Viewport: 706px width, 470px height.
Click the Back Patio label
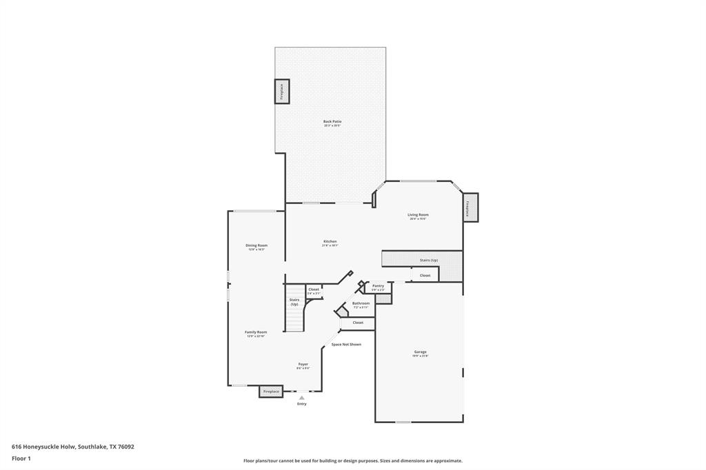point(332,122)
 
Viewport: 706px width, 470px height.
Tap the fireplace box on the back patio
point(282,92)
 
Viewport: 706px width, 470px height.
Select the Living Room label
point(418,215)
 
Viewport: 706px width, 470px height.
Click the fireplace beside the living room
point(470,207)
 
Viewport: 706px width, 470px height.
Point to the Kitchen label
point(330,242)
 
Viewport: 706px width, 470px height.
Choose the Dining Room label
point(256,245)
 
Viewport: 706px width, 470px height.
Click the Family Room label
point(256,332)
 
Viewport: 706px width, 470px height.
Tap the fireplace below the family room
point(271,391)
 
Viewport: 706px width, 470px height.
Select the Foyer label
point(303,364)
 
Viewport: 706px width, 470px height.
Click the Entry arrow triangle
point(301,398)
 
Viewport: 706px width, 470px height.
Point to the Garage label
point(420,352)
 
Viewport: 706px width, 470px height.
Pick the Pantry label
point(378,285)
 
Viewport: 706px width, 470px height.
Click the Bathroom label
point(361,303)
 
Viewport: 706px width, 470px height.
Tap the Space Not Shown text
point(346,345)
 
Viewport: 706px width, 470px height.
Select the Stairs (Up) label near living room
point(429,260)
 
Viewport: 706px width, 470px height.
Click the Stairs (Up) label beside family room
point(294,302)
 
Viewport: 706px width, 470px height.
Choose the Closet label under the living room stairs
point(425,276)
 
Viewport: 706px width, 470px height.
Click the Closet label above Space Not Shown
point(358,323)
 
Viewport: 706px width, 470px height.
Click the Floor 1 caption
point(22,458)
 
